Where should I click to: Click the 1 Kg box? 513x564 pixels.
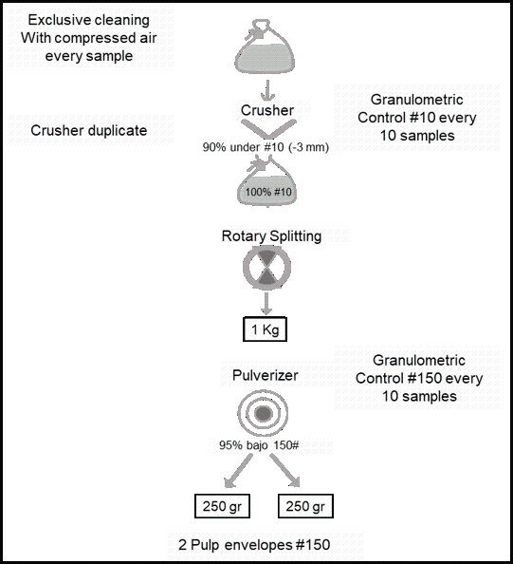pyautogui.click(x=265, y=329)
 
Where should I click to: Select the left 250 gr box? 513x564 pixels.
pyautogui.click(x=222, y=506)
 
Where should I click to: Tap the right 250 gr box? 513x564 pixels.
pyautogui.click(x=305, y=506)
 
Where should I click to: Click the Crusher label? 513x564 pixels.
pyautogui.click(x=267, y=110)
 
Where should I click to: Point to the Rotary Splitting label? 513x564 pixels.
pyautogui.click(x=271, y=236)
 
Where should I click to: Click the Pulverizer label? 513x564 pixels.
pyautogui.click(x=266, y=375)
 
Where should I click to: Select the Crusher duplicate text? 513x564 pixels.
pyautogui.click(x=89, y=130)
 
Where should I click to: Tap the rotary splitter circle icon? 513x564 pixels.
pyautogui.click(x=266, y=268)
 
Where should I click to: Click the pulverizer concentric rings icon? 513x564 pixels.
pyautogui.click(x=263, y=414)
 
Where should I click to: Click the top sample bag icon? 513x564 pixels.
pyautogui.click(x=265, y=46)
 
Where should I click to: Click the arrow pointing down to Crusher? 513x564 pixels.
pyautogui.click(x=267, y=90)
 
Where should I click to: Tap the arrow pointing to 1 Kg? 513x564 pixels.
pyautogui.click(x=266, y=304)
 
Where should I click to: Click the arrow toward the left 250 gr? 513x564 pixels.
pyautogui.click(x=238, y=471)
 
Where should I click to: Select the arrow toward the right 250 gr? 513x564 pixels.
pyautogui.click(x=284, y=471)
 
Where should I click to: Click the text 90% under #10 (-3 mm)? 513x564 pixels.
pyautogui.click(x=266, y=147)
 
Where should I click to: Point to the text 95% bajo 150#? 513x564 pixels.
pyautogui.click(x=259, y=445)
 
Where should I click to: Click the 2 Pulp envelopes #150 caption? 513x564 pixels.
pyautogui.click(x=254, y=545)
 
